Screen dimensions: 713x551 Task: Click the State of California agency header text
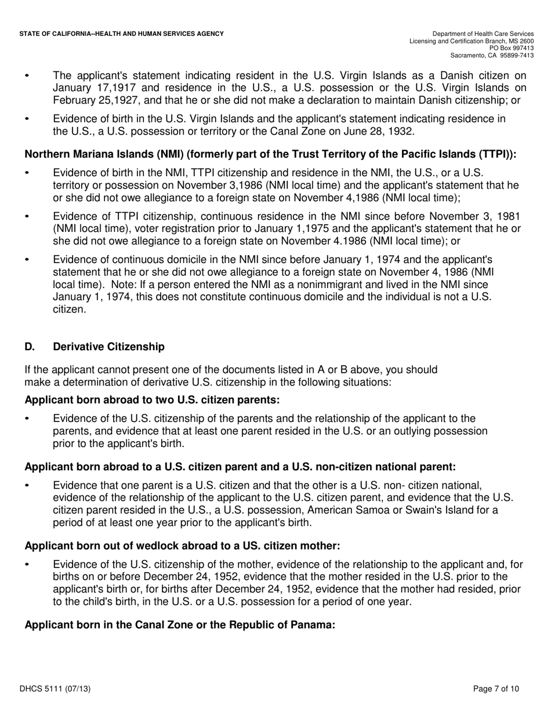121,34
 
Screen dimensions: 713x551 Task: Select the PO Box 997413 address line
511,48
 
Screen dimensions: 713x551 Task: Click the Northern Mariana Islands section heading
270,155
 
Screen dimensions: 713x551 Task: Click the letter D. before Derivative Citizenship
30,347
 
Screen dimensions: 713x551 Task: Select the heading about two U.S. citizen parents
152,400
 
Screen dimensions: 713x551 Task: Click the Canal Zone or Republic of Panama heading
180,626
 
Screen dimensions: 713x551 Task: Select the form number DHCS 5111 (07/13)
55,689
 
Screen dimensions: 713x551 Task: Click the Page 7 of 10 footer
496,689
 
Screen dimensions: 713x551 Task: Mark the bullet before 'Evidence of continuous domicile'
26,260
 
